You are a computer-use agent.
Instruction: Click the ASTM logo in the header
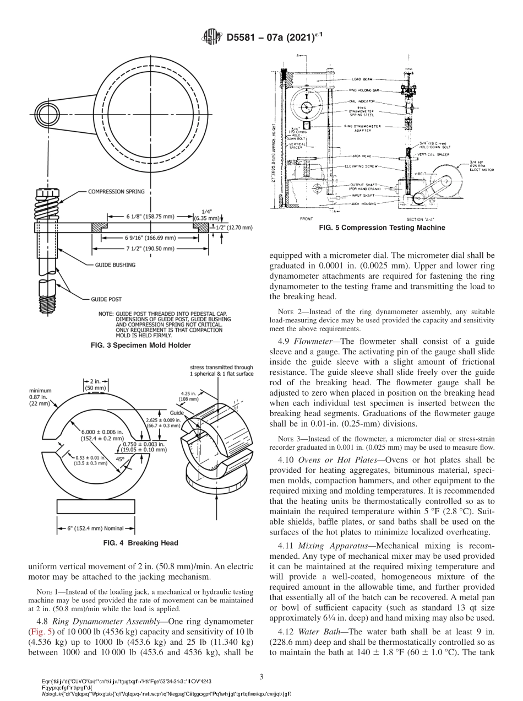pyautogui.click(x=211, y=37)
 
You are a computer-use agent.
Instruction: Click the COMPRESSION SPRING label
pyautogui.click(x=116, y=192)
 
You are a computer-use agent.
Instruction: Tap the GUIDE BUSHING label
pyautogui.click(x=112, y=265)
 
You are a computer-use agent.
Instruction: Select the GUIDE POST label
pyautogui.click(x=106, y=300)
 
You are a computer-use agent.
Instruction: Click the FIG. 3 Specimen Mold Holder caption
pyautogui.click(x=140, y=346)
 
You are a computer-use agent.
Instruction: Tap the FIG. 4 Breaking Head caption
pyautogui.click(x=140, y=543)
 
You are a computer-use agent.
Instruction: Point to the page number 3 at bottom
pyautogui.click(x=261, y=676)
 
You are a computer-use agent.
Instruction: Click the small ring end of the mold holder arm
pyautogui.click(x=46, y=115)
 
